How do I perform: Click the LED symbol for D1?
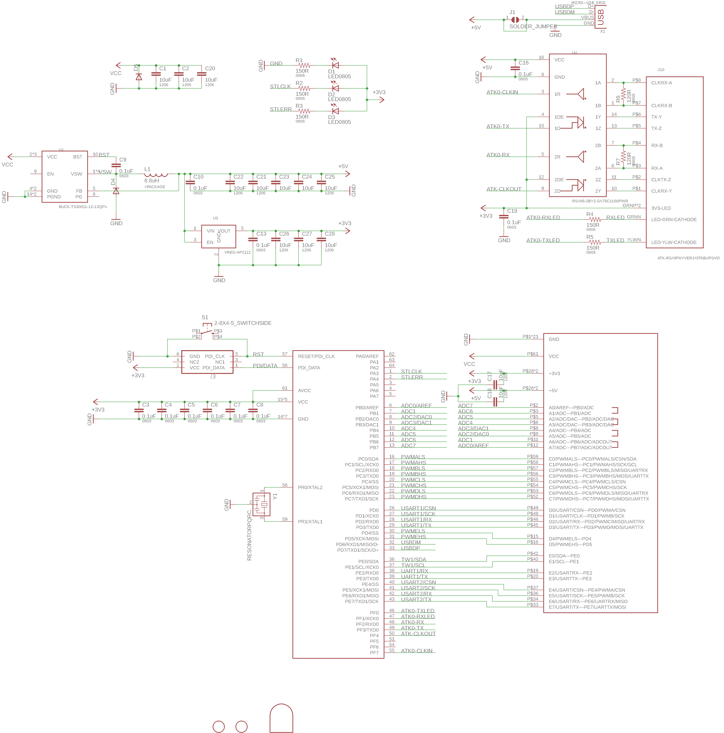335,65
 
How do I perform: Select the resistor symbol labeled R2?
304,88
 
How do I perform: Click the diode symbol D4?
116,191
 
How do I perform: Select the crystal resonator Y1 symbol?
261,504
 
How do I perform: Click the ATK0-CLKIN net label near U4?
502,92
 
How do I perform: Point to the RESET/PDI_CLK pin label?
316,356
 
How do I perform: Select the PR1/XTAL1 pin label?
310,522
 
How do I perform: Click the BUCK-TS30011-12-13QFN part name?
83,207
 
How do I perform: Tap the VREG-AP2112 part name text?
237,252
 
